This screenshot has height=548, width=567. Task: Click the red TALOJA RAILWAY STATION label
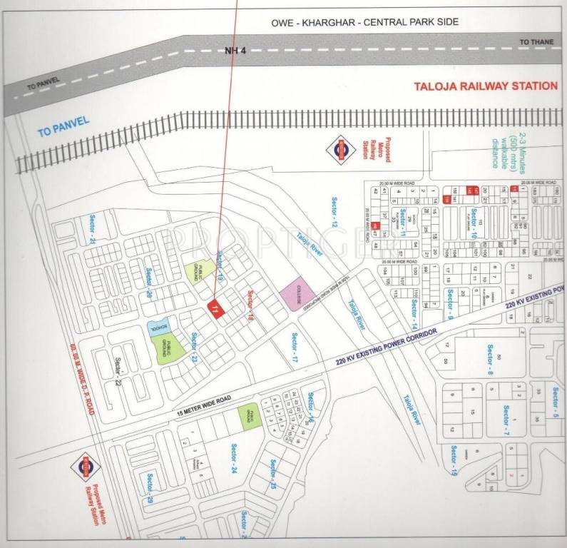486,86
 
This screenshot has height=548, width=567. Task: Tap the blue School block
158,326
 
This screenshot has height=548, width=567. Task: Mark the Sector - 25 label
273,477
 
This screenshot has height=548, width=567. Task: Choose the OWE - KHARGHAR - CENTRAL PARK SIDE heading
364,22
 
